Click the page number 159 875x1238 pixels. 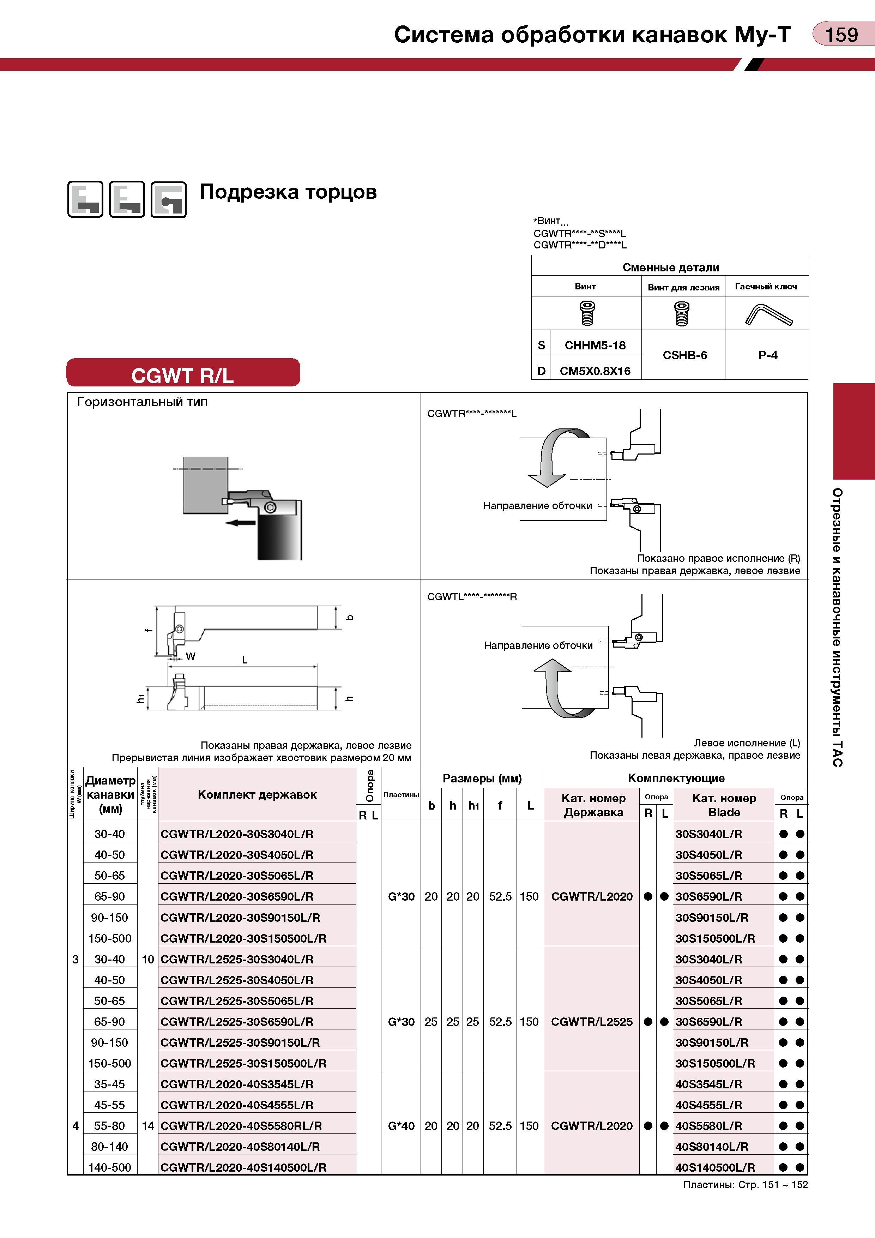coord(841,35)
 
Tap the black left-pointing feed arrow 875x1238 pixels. coord(241,523)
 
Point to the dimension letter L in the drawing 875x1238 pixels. coord(245,660)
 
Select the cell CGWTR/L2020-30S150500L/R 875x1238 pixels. coord(244,938)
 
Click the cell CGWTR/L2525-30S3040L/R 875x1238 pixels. coord(237,959)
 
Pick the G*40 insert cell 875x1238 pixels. coord(401,1126)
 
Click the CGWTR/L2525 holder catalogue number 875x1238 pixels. coord(591,1022)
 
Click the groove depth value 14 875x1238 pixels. coord(148,1126)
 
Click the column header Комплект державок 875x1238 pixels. coord(257,794)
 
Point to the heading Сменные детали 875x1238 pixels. coord(671,268)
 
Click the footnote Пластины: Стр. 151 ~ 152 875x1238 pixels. coord(745,1185)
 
